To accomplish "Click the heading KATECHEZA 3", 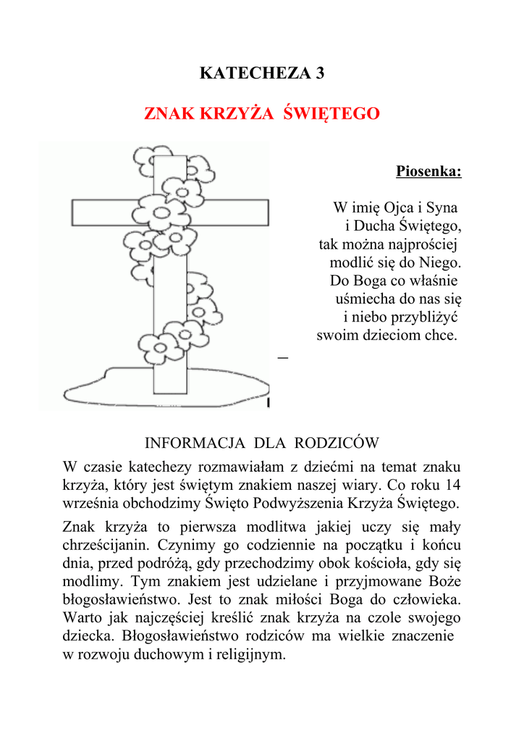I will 262,73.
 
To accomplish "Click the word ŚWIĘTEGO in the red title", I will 331,114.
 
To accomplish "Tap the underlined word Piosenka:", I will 428,172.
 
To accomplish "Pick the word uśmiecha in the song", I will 363,298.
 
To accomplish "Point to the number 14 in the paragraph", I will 453,484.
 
